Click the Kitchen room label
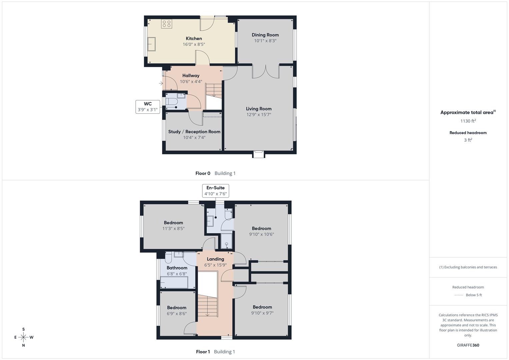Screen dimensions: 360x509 (x=194, y=39)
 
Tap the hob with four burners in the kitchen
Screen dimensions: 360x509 (x=166, y=24)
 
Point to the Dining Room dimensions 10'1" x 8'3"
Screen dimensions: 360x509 (x=265, y=41)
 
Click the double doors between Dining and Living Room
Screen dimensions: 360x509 (x=265, y=71)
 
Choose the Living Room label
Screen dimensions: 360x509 (x=259, y=109)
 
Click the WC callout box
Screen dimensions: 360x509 (x=148, y=107)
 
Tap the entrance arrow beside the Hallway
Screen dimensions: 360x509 (x=161, y=83)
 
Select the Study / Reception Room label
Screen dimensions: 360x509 (x=194, y=132)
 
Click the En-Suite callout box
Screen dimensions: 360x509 (x=216, y=191)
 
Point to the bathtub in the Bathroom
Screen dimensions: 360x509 (x=174, y=283)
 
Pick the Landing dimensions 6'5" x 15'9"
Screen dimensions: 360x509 (x=215, y=265)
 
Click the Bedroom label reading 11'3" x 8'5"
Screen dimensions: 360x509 (x=173, y=226)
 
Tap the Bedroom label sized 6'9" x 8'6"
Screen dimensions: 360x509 (x=177, y=311)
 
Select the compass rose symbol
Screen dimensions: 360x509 (x=23, y=337)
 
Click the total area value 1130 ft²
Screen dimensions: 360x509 (x=468, y=121)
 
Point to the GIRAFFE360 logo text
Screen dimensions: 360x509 (x=468, y=345)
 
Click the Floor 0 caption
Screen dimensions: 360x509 (x=203, y=173)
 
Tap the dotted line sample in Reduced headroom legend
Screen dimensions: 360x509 (x=459, y=295)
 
